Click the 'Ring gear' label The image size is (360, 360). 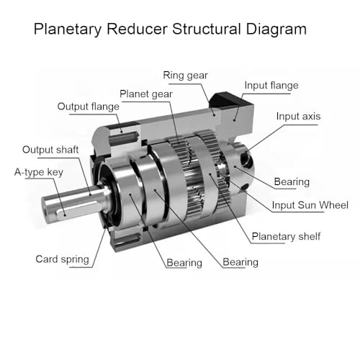click(185, 76)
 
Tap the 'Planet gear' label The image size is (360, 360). click(146, 94)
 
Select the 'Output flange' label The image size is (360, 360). click(89, 107)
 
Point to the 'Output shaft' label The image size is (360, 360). click(50, 150)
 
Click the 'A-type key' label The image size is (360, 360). click(39, 172)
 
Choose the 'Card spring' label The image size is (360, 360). click(62, 259)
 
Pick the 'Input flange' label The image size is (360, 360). click(271, 86)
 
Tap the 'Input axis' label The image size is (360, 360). click(298, 117)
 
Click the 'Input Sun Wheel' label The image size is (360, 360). click(310, 205)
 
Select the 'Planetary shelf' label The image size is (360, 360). click(286, 237)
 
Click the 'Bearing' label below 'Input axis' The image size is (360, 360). click(292, 182)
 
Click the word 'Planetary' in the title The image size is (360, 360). click(68, 30)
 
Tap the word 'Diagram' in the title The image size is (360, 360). click(276, 30)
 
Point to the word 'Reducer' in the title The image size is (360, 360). click(137, 29)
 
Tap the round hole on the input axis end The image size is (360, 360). click(246, 159)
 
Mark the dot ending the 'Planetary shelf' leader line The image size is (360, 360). click(210, 174)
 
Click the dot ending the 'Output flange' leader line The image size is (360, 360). click(122, 132)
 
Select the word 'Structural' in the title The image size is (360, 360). click(207, 29)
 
